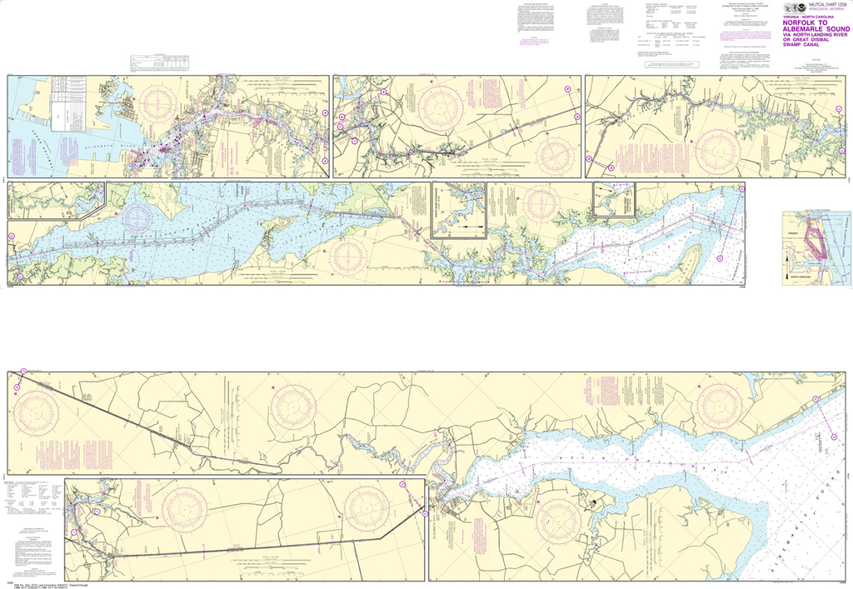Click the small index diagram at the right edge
(806, 248)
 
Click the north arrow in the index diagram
(786, 268)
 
